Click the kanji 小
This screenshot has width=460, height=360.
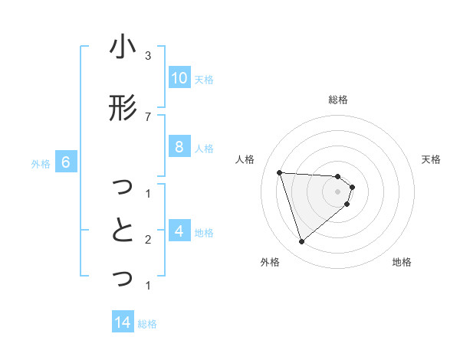point(123,49)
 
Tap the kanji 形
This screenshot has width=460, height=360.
point(123,109)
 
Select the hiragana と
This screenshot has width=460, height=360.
point(123,230)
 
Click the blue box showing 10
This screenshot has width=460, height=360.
point(179,78)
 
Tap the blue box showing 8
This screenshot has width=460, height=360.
point(179,147)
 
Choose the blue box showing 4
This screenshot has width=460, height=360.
point(179,231)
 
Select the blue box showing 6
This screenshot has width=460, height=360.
point(66,162)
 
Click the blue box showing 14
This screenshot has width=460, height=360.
point(123,323)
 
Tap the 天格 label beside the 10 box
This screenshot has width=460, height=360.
point(204,80)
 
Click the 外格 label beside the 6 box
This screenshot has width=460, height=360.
point(41,163)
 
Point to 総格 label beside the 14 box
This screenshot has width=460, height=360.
point(147,324)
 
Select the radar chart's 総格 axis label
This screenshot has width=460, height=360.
point(338,100)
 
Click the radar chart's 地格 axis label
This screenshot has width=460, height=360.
point(402,263)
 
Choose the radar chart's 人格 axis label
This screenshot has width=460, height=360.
point(245,159)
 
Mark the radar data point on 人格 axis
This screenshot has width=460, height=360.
point(280,172)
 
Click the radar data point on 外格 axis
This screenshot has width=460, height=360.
point(301,242)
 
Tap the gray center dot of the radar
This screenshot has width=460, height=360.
point(338,201)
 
